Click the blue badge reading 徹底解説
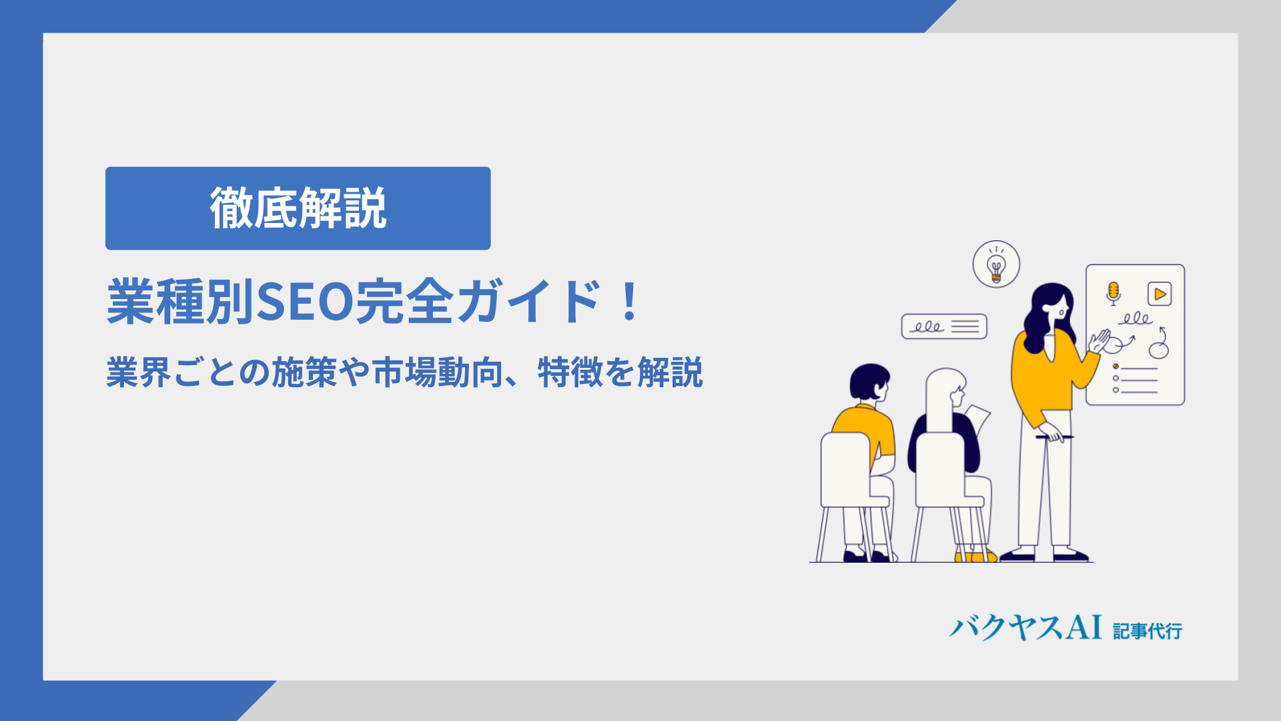298,208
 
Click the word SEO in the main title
305,302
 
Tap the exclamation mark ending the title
629,302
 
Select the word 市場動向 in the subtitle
437,373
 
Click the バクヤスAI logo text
1025,628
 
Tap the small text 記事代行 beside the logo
1148,631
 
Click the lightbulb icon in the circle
996,264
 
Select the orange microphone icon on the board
1113,293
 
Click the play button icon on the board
1160,294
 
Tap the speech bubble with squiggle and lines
944,326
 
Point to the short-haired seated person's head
869,382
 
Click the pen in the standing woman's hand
1055,437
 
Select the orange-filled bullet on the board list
1116,367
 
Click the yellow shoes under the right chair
975,556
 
